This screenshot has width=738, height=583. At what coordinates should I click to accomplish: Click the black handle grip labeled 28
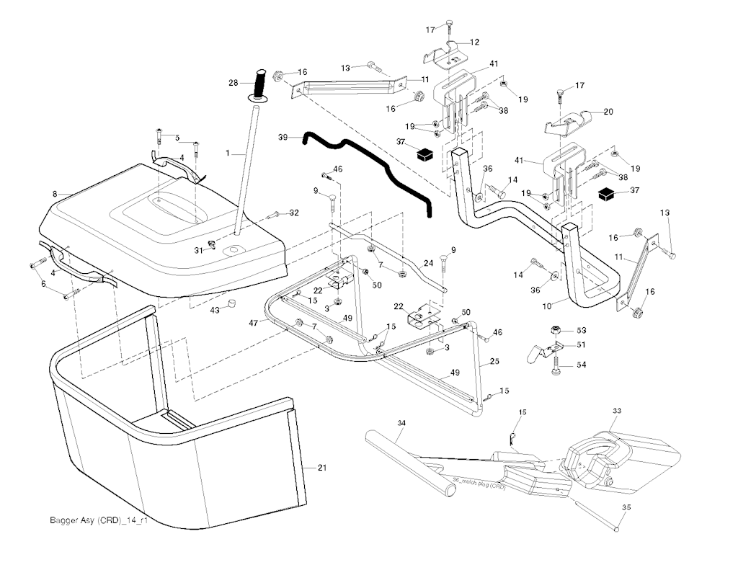pyautogui.click(x=259, y=81)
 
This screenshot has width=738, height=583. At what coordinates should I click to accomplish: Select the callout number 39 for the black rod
pyautogui.click(x=283, y=136)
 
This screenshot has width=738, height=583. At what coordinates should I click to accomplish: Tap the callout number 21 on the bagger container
pyautogui.click(x=321, y=468)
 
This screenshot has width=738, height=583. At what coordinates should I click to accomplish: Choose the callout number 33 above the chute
pyautogui.click(x=616, y=410)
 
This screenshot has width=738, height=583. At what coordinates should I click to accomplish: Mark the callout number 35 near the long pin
pyautogui.click(x=626, y=507)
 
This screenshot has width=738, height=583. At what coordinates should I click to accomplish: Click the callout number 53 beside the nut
pyautogui.click(x=581, y=329)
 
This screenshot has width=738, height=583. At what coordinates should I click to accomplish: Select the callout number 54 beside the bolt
pyautogui.click(x=581, y=365)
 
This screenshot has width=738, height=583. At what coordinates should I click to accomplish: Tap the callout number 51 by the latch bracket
pyautogui.click(x=581, y=345)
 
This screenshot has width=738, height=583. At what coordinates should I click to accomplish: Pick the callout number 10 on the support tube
pyautogui.click(x=547, y=306)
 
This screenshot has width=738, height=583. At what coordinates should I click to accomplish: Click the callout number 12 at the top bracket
pyautogui.click(x=475, y=43)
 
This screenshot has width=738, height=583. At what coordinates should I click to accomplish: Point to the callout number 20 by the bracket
pyautogui.click(x=608, y=112)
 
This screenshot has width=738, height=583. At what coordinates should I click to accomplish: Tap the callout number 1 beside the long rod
pyautogui.click(x=228, y=153)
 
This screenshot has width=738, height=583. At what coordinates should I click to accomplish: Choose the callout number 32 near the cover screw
pyautogui.click(x=294, y=213)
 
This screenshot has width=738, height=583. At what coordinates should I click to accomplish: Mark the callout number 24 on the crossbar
pyautogui.click(x=428, y=264)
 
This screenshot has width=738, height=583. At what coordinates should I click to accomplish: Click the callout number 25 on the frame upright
pyautogui.click(x=494, y=360)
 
